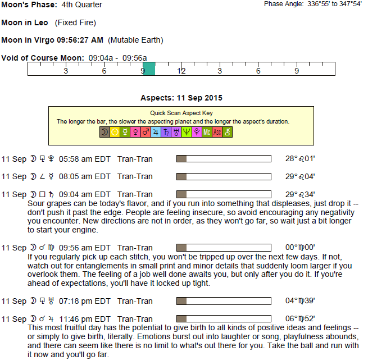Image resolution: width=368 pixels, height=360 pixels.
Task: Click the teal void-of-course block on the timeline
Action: (148, 69)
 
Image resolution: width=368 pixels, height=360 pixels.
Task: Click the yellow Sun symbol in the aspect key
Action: (115, 132)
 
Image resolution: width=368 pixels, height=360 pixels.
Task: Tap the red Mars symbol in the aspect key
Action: (146, 132)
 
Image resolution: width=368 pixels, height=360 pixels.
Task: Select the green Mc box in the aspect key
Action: (207, 132)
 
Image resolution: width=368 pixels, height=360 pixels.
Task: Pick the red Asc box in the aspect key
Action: (217, 132)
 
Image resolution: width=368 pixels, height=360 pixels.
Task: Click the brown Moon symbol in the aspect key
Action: (105, 132)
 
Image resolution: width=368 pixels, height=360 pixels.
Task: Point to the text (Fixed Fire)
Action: (75, 23)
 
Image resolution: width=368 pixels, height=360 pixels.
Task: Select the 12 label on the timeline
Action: (181, 71)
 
